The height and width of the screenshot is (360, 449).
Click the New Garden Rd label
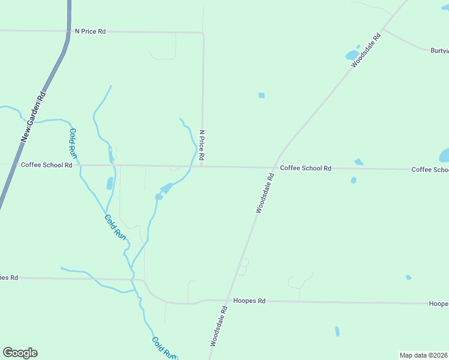[x=33, y=116]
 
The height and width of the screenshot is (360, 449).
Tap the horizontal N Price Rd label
[x=90, y=31]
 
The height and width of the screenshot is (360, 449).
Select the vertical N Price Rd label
[x=202, y=145]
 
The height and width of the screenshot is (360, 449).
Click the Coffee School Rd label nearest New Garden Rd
[x=47, y=164]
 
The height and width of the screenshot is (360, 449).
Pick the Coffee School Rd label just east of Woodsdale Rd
[x=306, y=169]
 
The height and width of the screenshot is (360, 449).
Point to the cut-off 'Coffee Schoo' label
[x=430, y=170]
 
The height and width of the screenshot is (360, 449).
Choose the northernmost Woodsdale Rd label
[x=366, y=50]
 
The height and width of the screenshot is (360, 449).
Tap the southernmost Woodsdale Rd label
[x=218, y=326]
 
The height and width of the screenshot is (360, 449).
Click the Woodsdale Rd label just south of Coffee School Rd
[x=264, y=193]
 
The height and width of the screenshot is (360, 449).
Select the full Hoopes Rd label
[x=249, y=301]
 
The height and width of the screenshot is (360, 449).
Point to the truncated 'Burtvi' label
[x=439, y=51]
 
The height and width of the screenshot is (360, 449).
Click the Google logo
[x=20, y=353]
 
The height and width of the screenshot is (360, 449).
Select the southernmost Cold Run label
[x=163, y=348]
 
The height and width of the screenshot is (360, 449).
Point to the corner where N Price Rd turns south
[x=203, y=33]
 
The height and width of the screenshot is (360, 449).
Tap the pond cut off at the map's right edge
[x=445, y=155]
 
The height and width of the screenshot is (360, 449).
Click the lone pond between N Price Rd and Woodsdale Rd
[x=261, y=95]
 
